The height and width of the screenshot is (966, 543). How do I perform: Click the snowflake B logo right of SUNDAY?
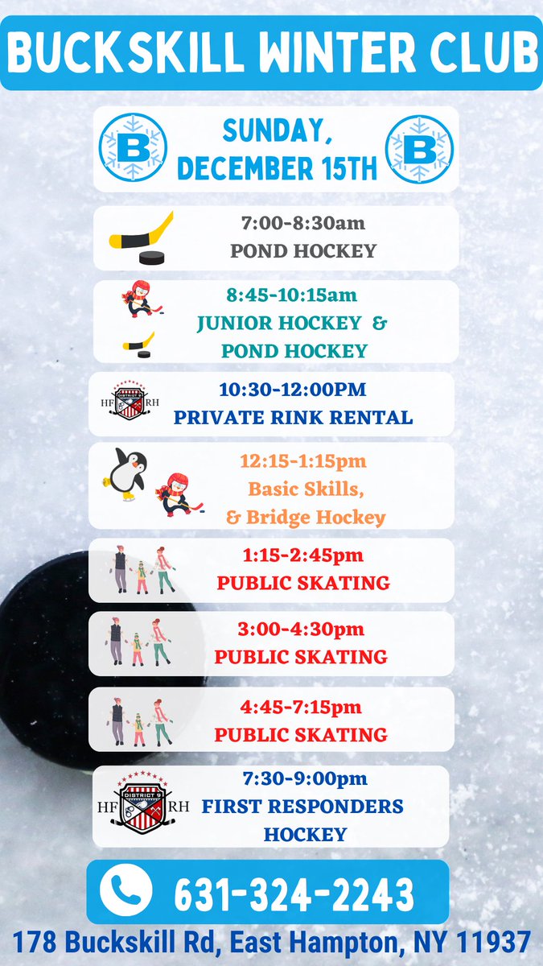point(419,149)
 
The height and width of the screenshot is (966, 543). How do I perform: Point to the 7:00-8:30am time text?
point(303,223)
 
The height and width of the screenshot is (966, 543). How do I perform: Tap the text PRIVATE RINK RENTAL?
point(293,418)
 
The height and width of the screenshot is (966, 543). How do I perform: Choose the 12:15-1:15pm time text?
point(303,461)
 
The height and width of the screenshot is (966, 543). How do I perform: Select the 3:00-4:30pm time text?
point(301,629)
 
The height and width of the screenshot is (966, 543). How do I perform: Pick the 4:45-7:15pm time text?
point(301,707)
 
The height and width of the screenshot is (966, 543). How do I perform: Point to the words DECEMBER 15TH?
point(277,168)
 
